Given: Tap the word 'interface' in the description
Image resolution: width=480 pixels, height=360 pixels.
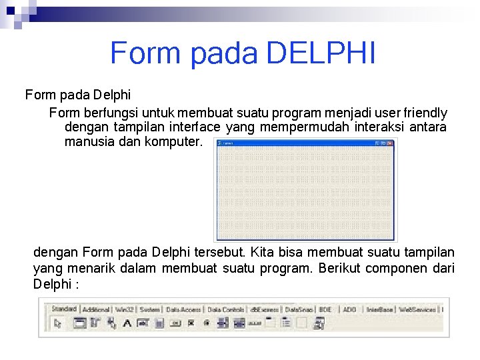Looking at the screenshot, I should [195, 127].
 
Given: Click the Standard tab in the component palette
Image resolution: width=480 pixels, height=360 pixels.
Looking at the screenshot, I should [64, 309].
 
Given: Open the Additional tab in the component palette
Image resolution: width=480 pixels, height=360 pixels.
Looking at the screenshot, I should [96, 309].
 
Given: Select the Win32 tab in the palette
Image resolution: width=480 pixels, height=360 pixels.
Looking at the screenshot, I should [124, 309].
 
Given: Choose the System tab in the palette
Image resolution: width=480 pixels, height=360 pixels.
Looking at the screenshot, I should [150, 309].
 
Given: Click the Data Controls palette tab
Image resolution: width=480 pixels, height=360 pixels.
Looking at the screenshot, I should [225, 309].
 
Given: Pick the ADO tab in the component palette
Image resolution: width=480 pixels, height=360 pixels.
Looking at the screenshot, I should [349, 309].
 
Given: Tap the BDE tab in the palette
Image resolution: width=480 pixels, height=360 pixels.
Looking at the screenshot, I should [325, 309].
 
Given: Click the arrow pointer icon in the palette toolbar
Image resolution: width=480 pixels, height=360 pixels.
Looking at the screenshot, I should [57, 323].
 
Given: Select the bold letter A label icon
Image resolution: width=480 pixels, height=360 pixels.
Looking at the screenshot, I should [126, 323].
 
